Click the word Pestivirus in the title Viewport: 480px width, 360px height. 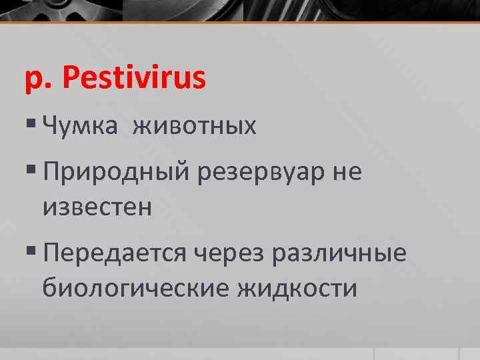[x=135, y=79]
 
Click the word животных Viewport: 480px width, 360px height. [x=194, y=125]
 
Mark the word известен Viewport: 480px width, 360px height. [x=97, y=207]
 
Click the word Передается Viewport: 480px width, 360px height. [x=114, y=253]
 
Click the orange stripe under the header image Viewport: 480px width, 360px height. [x=240, y=23]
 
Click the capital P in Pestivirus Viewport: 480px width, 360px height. [x=71, y=78]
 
